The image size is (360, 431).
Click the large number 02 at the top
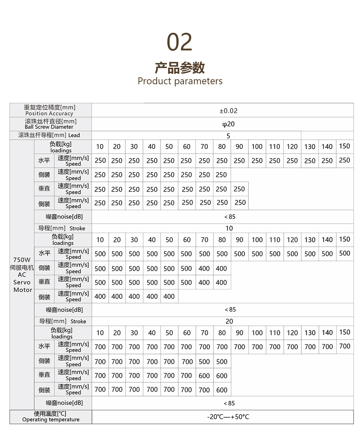pyautogui.click(x=180, y=42)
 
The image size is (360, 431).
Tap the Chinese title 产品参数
pyautogui.click(x=180, y=68)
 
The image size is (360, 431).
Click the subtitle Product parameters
pyautogui.click(x=180, y=81)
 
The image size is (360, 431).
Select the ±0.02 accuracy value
pyautogui.click(x=229, y=111)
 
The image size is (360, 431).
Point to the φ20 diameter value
pyautogui.click(x=228, y=124)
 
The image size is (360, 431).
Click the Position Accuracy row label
pyautogui.click(x=49, y=113)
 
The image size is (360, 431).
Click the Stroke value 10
pyautogui.click(x=229, y=228)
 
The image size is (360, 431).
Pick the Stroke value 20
pyautogui.click(x=229, y=321)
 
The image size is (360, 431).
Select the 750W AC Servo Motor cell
pyautogui.click(x=23, y=274)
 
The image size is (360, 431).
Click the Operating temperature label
pyautogui.click(x=51, y=419)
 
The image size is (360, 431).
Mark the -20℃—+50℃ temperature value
pyautogui.click(x=228, y=417)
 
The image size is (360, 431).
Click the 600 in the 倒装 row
pyautogui.click(x=222, y=390)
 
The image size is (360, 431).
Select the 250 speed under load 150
pyautogui.click(x=345, y=160)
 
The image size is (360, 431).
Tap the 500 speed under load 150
pyautogui.click(x=345, y=253)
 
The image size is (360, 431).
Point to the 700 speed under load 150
pyautogui.click(x=345, y=346)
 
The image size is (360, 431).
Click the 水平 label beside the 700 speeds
pyautogui.click(x=44, y=346)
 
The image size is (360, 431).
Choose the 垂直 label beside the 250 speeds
pyautogui.click(x=44, y=189)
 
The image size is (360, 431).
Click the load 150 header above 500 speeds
pyautogui.click(x=345, y=239)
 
